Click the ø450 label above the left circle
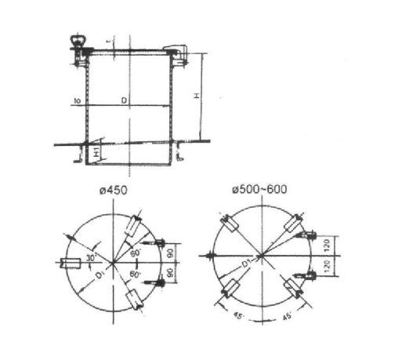pos(114,191)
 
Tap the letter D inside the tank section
pos(122,100)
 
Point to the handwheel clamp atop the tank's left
pos(78,43)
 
